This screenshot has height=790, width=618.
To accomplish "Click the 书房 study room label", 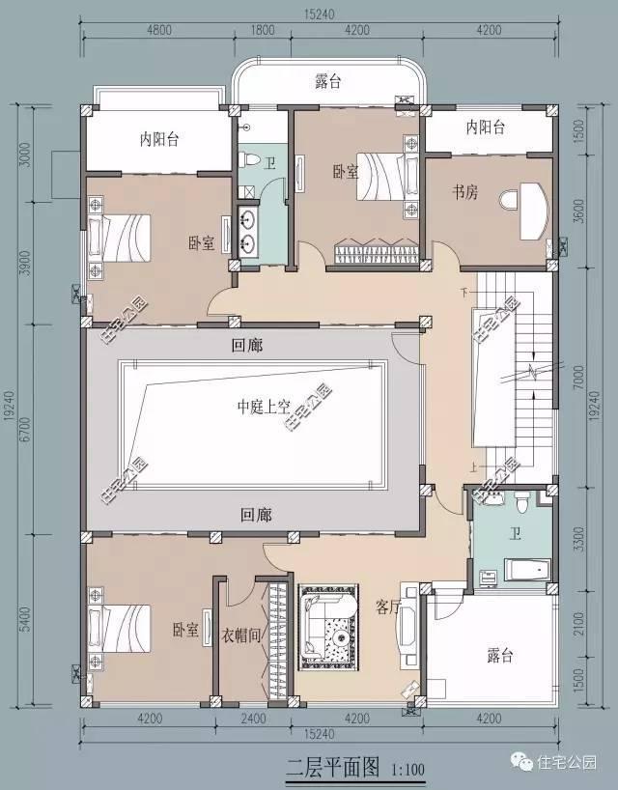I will (465, 191).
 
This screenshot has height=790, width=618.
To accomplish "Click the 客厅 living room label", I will (388, 607).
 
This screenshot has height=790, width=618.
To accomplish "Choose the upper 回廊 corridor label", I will (248, 345).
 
